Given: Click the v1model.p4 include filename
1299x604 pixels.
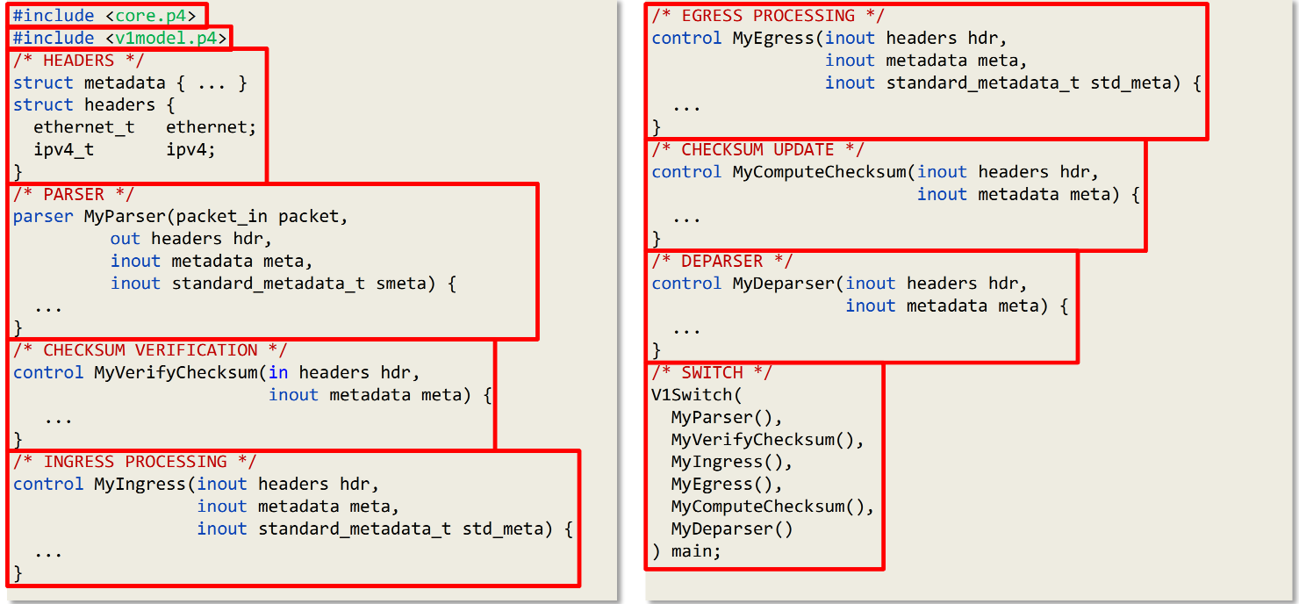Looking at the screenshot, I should click(166, 38).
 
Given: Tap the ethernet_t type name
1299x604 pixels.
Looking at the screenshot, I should click(84, 127).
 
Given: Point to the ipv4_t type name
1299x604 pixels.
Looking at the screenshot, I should click(64, 149).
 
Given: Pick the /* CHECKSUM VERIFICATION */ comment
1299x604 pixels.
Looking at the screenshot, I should click(150, 350).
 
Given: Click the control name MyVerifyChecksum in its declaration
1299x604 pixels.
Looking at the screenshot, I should click(176, 372).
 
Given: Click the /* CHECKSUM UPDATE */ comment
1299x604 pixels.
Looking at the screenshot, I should click(757, 149).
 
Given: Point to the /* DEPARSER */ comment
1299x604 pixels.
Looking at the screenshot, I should click(721, 262).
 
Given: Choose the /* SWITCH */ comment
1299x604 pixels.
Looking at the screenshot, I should click(712, 372).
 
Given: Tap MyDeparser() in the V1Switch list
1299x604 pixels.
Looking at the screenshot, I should click(732, 528).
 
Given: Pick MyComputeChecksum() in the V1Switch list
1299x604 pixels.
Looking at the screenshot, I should click(772, 507).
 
